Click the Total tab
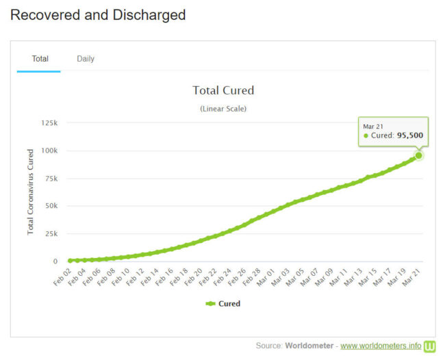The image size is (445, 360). click(40, 59)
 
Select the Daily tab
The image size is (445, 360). click(86, 59)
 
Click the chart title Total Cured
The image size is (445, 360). click(223, 90)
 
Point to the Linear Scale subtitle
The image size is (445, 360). click(223, 109)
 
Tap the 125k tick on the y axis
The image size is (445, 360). click(49, 123)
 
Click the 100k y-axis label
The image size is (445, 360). click(49, 151)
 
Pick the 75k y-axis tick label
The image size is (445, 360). click(51, 178)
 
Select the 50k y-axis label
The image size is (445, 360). click(51, 206)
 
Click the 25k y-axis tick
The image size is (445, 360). click(51, 233)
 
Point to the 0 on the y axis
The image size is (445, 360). click(55, 261)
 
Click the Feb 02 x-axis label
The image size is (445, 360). click(62, 276)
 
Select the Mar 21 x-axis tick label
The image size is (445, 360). click(411, 276)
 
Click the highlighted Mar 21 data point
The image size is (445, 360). click(418, 155)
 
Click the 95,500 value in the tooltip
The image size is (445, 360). click(409, 136)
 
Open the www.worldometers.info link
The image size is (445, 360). click(380, 346)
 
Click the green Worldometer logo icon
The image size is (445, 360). click(429, 346)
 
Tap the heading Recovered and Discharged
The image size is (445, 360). click(98, 14)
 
